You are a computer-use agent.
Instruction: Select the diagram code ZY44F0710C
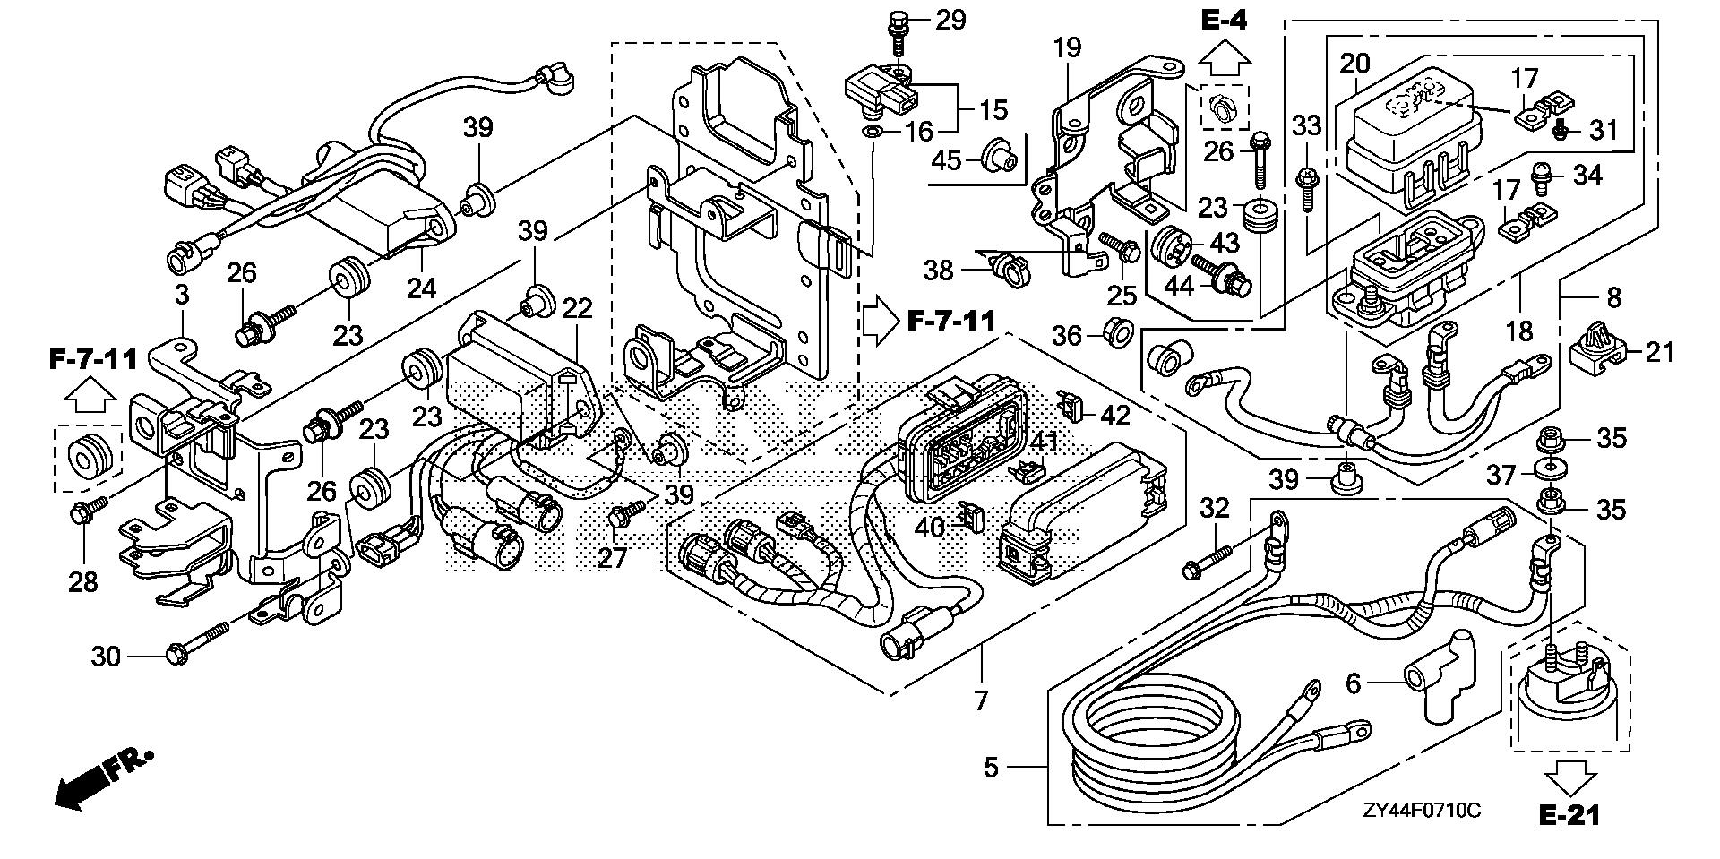pos(1422,811)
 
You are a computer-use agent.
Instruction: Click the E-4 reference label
pos(1224,18)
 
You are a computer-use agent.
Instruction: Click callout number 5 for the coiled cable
pos(990,768)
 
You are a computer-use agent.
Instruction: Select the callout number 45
pos(946,160)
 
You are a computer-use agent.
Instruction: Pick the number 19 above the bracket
pos(1068,47)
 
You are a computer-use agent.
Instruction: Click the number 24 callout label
pos(421,288)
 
